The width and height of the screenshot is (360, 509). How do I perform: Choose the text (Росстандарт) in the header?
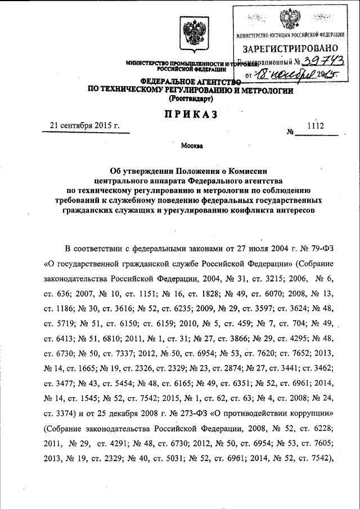[191, 98]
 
